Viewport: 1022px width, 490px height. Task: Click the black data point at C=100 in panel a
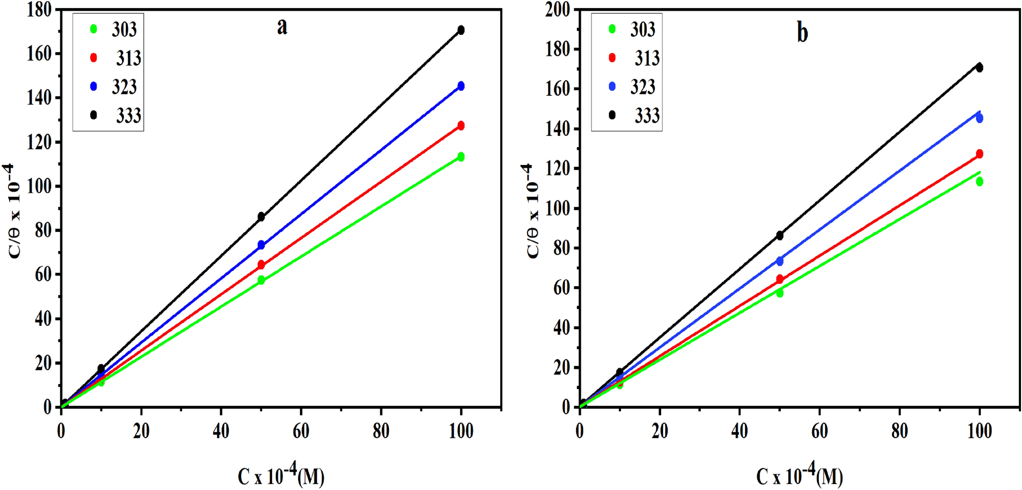click(461, 30)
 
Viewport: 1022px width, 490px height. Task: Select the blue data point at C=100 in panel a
click(461, 86)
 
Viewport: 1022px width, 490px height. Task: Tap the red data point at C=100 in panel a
click(461, 126)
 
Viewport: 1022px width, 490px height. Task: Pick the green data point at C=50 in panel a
click(261, 280)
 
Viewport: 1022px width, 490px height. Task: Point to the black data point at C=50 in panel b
click(780, 235)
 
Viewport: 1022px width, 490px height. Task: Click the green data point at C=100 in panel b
click(979, 182)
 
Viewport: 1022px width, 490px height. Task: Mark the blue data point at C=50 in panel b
click(780, 261)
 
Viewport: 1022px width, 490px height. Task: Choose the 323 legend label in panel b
click(643, 87)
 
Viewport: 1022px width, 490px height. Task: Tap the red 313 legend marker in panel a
click(93, 58)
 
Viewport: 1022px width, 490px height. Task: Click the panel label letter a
click(282, 26)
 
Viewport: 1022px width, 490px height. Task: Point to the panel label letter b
click(802, 33)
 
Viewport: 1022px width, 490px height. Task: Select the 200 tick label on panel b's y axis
click(557, 10)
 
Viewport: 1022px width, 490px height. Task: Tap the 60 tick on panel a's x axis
click(301, 432)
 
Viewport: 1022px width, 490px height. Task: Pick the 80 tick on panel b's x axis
click(899, 432)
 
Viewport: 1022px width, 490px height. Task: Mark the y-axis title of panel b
click(531, 211)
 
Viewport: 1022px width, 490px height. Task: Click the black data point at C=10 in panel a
click(101, 369)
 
